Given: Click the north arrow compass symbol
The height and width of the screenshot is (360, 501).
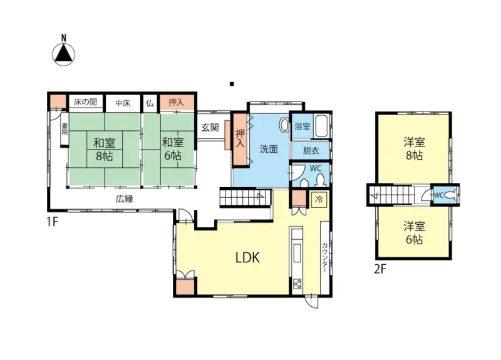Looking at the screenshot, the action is [x=64, y=54].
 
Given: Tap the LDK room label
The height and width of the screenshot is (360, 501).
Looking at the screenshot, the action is [x=247, y=257].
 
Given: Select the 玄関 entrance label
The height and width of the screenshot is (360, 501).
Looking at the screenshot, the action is [x=210, y=128].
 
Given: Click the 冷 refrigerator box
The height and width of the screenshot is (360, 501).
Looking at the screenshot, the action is [x=319, y=200].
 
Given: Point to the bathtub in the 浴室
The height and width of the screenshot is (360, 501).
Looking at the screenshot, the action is [x=321, y=126].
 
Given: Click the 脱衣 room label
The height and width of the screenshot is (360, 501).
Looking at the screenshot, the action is [x=311, y=150].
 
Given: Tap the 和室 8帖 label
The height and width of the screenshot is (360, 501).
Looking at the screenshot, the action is [x=104, y=150].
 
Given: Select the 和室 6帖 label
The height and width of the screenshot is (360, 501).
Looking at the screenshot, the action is [x=173, y=149].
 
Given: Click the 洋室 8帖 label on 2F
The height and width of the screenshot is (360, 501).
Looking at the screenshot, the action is [x=415, y=148].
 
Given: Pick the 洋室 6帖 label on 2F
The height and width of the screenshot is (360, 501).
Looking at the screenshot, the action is [x=415, y=233].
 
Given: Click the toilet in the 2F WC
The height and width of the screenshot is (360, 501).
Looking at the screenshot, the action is [x=451, y=195].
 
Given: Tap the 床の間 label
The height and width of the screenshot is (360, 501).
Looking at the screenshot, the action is [x=85, y=102].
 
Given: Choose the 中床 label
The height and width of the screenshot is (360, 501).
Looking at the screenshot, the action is [x=123, y=103].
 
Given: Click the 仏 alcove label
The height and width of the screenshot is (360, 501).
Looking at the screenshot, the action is [x=150, y=103].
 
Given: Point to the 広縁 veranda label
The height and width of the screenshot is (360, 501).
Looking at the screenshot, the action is [x=124, y=198].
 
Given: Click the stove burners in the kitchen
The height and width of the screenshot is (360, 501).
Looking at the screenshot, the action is [x=297, y=284].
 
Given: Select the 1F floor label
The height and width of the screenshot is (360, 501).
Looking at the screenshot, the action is [x=53, y=222].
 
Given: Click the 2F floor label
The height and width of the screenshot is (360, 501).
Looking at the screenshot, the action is [x=380, y=269].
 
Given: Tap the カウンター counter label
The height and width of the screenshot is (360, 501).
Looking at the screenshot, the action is [x=324, y=257].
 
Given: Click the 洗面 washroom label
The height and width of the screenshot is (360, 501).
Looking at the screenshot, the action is [x=269, y=149].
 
